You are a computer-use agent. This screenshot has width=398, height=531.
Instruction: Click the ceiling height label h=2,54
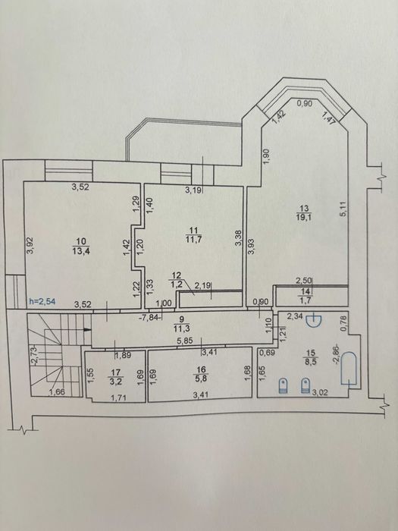tap(42, 300)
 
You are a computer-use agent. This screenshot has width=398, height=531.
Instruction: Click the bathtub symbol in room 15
tap(349, 369)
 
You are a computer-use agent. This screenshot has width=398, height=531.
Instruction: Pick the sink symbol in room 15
tap(314, 320)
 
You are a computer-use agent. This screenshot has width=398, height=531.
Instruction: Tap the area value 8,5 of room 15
tap(309, 361)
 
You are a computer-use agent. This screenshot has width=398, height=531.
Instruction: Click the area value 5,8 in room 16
tap(202, 378)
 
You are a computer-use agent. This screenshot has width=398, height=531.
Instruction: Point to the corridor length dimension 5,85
tap(185, 341)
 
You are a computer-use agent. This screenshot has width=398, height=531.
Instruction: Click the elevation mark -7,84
tap(149, 318)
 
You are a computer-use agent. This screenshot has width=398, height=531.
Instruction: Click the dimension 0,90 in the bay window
tap(305, 104)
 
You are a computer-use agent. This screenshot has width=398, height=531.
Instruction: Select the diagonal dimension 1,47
tap(328, 119)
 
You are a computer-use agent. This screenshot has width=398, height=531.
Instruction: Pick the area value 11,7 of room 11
tap(193, 240)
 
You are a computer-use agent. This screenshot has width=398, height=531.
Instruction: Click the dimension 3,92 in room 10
tap(30, 245)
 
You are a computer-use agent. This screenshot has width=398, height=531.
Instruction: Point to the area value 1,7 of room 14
tap(306, 300)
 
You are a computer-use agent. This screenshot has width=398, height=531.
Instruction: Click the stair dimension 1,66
tap(57, 392)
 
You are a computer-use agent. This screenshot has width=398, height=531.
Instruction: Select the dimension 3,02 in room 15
tap(318, 392)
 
